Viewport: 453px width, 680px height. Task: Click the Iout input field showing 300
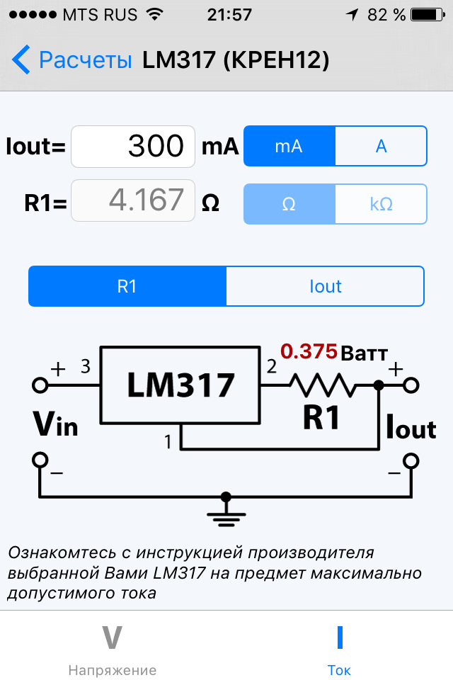click(x=133, y=147)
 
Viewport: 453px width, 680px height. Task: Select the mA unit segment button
click(x=289, y=146)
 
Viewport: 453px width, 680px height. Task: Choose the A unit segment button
click(x=381, y=146)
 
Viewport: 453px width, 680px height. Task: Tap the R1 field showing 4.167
click(x=133, y=200)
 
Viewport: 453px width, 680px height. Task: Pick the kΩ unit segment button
click(x=381, y=204)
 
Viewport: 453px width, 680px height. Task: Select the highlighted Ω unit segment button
click(x=289, y=204)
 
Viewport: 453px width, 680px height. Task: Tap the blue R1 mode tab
click(x=127, y=286)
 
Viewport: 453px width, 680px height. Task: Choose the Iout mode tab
click(x=325, y=286)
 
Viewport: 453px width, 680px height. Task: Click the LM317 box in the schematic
click(x=180, y=385)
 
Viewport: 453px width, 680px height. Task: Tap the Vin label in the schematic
click(x=55, y=423)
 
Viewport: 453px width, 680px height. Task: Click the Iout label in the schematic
click(x=411, y=427)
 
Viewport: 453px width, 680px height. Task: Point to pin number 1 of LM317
click(x=168, y=443)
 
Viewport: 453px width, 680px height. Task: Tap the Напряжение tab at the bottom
click(x=113, y=648)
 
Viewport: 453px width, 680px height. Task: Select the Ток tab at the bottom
click(x=339, y=648)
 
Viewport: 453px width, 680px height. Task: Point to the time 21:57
click(x=229, y=14)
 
